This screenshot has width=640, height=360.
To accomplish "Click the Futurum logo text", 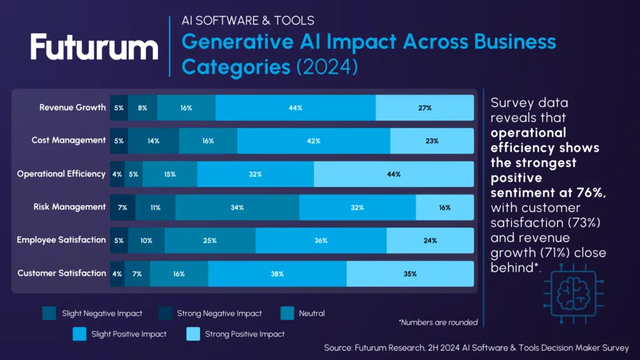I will (x=94, y=48).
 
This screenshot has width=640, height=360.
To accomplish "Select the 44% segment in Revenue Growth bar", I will (x=296, y=108).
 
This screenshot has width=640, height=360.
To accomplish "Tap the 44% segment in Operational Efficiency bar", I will (x=393, y=174).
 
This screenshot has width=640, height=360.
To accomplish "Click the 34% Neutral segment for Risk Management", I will (x=237, y=207).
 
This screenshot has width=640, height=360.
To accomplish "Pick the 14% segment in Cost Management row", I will (x=153, y=141).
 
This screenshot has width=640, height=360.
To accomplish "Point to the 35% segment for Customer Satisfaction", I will (x=410, y=274).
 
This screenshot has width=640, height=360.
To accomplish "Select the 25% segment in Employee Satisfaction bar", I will (x=210, y=241).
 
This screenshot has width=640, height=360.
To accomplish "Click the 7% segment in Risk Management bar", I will (x=122, y=207).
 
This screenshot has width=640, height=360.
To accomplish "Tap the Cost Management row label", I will (x=69, y=141).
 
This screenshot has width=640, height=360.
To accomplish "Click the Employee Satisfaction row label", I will (x=61, y=240).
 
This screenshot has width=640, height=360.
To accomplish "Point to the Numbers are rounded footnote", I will (x=437, y=322).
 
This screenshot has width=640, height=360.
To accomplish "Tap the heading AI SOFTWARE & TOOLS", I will (x=248, y=21).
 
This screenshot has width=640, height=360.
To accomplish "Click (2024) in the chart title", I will (x=326, y=66).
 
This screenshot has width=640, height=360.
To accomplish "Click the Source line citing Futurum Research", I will (x=476, y=347).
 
